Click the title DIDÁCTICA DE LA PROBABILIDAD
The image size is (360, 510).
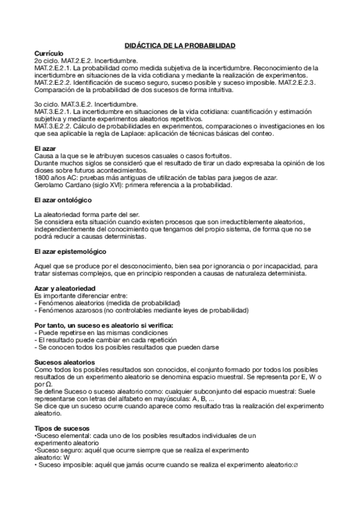180,46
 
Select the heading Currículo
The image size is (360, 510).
49,54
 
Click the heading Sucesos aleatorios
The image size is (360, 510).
64,362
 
